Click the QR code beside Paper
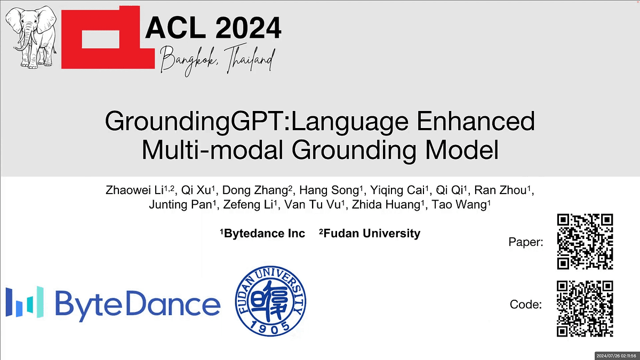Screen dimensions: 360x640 585,242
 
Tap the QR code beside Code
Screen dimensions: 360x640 585,309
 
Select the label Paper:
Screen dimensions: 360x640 526,243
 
